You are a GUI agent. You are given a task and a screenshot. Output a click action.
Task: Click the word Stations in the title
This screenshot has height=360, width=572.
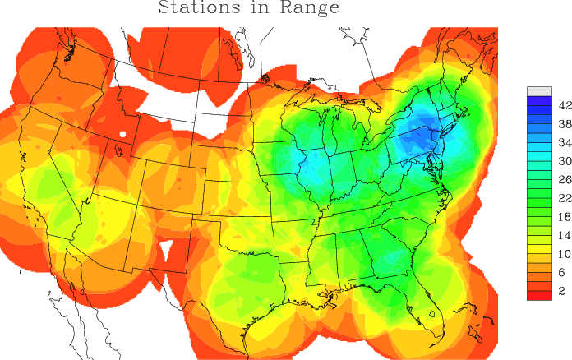[x=196, y=9]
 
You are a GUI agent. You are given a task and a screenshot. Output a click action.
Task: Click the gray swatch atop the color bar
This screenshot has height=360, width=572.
[x=539, y=91]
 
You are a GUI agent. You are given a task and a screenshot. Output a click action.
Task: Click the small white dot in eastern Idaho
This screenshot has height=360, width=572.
[x=122, y=133]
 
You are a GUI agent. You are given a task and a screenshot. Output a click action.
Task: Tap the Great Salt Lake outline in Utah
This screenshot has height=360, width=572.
[x=118, y=150]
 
